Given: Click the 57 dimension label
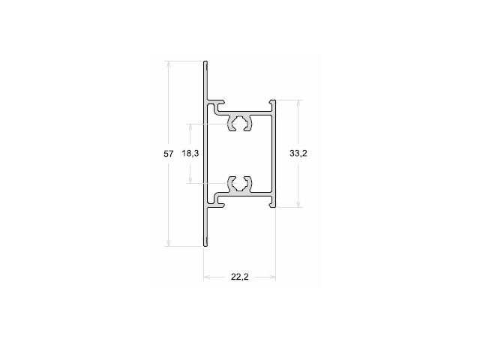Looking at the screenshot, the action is coord(168,154).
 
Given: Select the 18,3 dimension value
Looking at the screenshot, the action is coord(190,153).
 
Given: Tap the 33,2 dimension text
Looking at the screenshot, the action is coord(298,153).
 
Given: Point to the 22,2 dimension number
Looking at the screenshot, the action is coord(240,277).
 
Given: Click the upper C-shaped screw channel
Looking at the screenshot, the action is coord(239,123).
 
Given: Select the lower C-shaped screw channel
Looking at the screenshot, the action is coord(239,184).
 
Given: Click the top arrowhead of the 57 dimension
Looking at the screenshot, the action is coord(168,64).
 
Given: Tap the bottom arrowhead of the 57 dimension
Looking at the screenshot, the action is coord(168,243).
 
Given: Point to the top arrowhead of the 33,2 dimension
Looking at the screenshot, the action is coord(298,103).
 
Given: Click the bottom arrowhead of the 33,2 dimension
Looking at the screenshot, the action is coord(298,204).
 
